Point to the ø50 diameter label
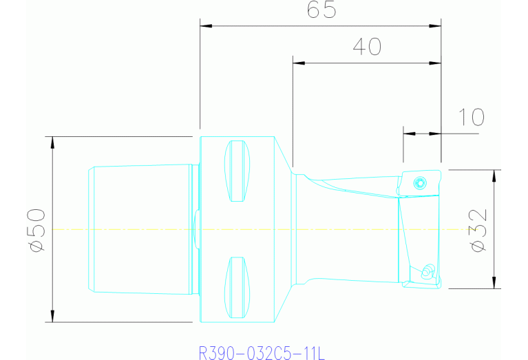click(36, 229)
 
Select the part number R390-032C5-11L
click(262, 354)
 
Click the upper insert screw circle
click(419, 183)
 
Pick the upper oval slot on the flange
click(237, 171)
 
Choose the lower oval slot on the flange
click(237, 288)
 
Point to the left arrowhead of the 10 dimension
click(408, 133)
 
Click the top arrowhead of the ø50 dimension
click(52, 141)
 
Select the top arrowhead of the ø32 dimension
click(494, 174)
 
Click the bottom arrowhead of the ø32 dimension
click(494, 284)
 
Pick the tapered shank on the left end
click(141, 229)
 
